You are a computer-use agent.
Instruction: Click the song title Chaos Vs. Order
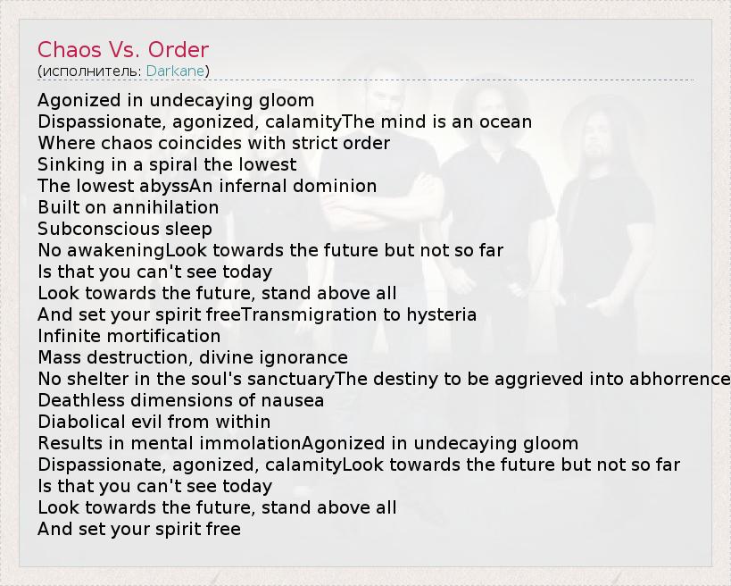[x=123, y=49]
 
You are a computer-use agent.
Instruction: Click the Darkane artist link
[x=175, y=71]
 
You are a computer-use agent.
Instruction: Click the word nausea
[x=292, y=401]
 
